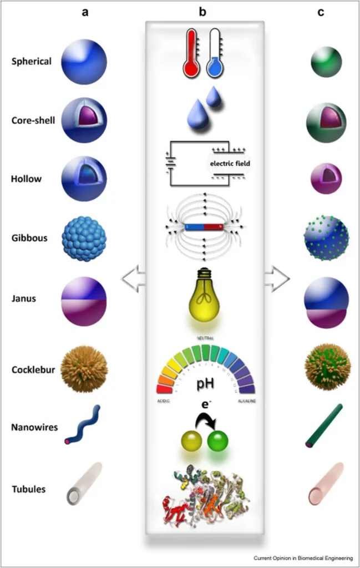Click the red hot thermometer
point(191,55)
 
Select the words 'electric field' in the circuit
point(230,164)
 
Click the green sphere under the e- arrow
point(217,442)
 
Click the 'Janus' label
point(24,298)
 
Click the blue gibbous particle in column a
point(84,239)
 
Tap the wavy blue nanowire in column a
point(83,425)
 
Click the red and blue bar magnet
point(204,226)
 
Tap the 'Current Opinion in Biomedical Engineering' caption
point(302,558)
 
